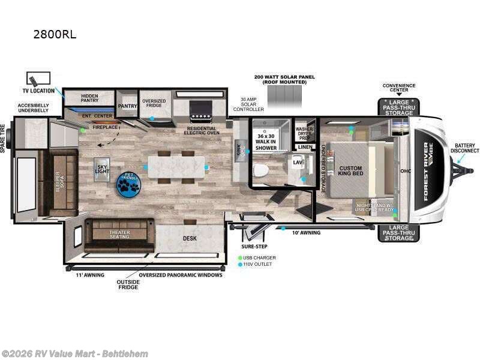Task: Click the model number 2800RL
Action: (55, 34)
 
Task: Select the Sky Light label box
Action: (101, 169)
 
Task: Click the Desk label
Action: (190, 238)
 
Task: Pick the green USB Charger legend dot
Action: (240, 257)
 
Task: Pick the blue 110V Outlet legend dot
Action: (240, 264)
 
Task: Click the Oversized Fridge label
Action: (154, 103)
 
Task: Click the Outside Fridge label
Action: (128, 284)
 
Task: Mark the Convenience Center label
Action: (399, 88)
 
